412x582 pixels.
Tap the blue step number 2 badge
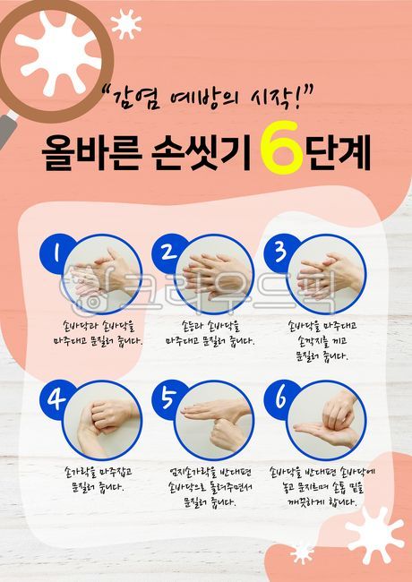[168, 252]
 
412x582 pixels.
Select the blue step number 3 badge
[279, 250]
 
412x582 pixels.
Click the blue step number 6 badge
[279, 398]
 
